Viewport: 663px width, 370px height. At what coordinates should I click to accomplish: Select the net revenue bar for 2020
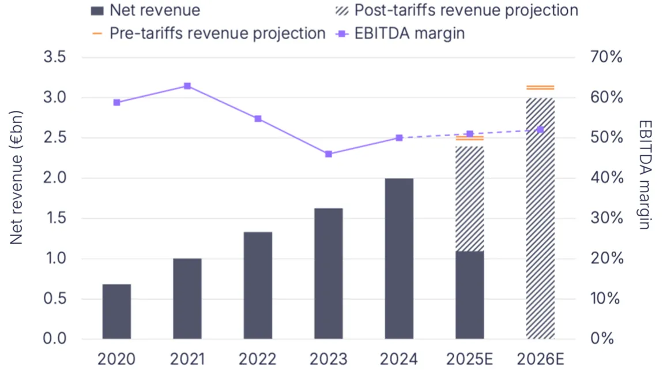[116, 311]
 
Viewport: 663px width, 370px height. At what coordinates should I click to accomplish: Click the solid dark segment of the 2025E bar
[470, 294]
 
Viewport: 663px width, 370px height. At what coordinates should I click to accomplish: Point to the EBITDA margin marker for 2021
[187, 86]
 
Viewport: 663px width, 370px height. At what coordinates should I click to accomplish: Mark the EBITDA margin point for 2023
[329, 154]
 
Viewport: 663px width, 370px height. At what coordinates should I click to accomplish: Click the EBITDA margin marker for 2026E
[540, 130]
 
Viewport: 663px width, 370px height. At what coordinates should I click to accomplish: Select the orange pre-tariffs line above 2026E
[540, 87]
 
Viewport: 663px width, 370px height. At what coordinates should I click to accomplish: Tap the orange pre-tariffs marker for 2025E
[470, 139]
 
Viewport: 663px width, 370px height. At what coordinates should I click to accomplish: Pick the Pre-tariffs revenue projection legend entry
[216, 33]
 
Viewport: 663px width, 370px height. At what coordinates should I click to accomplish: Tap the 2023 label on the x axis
[329, 359]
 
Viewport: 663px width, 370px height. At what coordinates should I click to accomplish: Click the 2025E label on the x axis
[470, 359]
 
